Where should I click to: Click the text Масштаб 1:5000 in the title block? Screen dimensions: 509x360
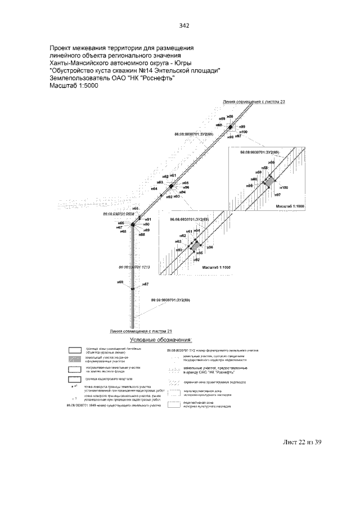click(74, 86)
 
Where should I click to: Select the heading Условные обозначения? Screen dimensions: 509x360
click(161, 340)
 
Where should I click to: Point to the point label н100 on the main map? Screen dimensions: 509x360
click(244, 132)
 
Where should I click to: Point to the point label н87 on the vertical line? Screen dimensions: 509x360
click(145, 285)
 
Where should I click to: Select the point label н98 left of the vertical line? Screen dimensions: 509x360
click(119, 281)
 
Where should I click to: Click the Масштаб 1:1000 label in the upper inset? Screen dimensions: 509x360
click(290, 207)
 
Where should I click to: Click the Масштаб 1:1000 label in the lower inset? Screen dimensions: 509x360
click(217, 268)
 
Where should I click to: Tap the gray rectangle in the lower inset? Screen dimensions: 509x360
click(195, 245)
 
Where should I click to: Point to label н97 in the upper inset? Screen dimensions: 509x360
click(277, 195)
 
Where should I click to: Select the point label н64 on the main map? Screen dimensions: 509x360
click(154, 189)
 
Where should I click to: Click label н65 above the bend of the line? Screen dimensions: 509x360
click(135, 209)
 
